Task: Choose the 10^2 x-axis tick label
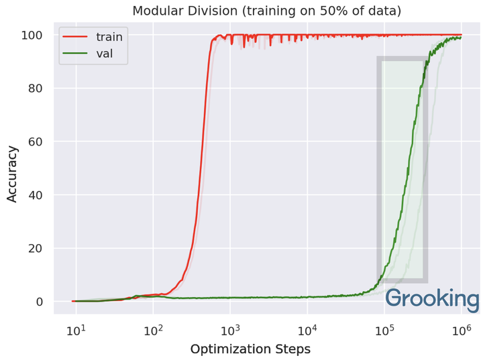(153, 330)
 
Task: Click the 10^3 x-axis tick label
(230, 330)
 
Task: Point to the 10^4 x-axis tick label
(307, 330)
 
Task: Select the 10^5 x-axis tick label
(384, 330)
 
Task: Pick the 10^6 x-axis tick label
(462, 330)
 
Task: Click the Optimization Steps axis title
(250, 349)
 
